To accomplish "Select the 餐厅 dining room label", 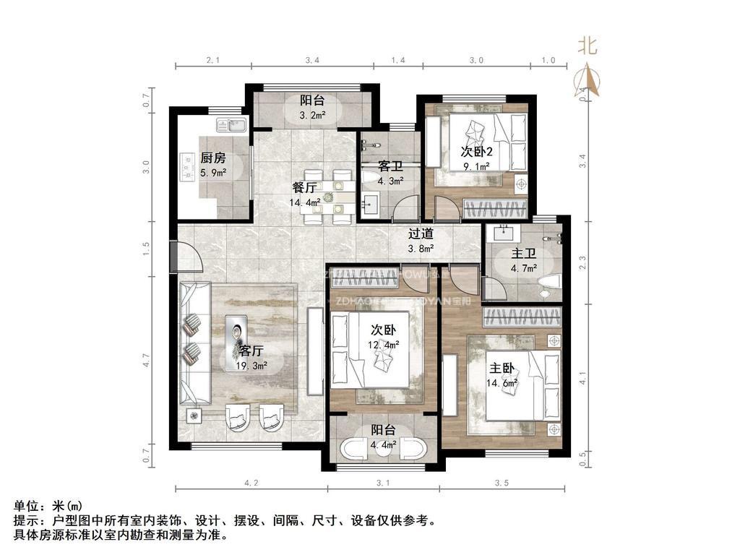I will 304,188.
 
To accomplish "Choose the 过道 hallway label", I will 421,233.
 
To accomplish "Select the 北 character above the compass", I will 586,46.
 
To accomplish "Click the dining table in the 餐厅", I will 328,196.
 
